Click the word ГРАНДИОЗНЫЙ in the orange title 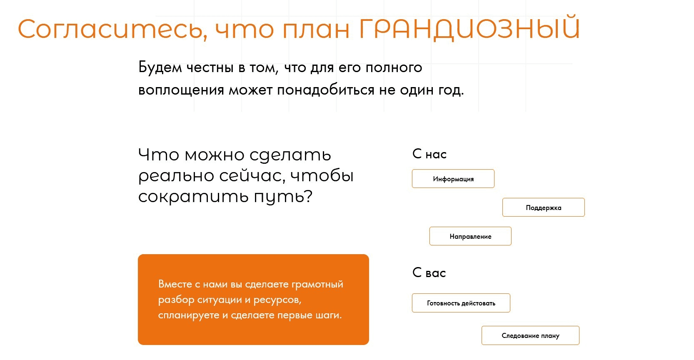coord(470,28)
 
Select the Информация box coord(453,178)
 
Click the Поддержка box coord(544,207)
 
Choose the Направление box coord(470,236)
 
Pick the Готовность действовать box coord(461,302)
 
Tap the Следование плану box coord(530,335)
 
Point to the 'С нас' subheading coord(429,154)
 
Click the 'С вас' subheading coord(429,272)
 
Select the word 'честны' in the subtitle coord(210,67)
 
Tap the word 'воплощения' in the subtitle coord(181,90)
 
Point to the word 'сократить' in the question coord(193,196)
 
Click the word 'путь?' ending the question coord(283,196)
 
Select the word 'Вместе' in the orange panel coord(175,284)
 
